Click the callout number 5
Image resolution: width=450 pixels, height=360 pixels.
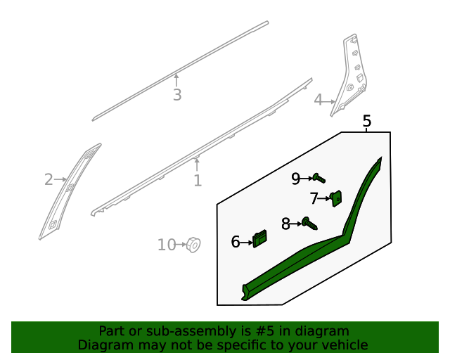[x=366, y=122]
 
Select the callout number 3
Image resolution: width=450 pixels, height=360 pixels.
[x=177, y=95]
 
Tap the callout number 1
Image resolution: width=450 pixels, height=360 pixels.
[x=198, y=181]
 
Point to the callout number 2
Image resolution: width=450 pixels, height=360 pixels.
[x=49, y=180]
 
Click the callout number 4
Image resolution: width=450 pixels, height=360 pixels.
[x=319, y=101]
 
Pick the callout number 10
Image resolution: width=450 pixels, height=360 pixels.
[x=167, y=245]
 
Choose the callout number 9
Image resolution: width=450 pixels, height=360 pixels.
[x=296, y=179]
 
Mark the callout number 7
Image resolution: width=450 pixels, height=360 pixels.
[x=314, y=198]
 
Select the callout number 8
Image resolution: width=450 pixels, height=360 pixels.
[x=285, y=224]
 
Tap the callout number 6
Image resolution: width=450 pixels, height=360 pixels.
[x=236, y=243]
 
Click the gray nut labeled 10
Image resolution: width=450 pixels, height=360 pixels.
[x=193, y=245]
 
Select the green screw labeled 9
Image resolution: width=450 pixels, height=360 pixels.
[x=319, y=179]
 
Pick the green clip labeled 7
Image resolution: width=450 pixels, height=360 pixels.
[x=336, y=199]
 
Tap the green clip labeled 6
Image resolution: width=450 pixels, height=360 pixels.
[x=260, y=239]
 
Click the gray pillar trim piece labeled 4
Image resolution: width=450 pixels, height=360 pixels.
[x=352, y=77]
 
